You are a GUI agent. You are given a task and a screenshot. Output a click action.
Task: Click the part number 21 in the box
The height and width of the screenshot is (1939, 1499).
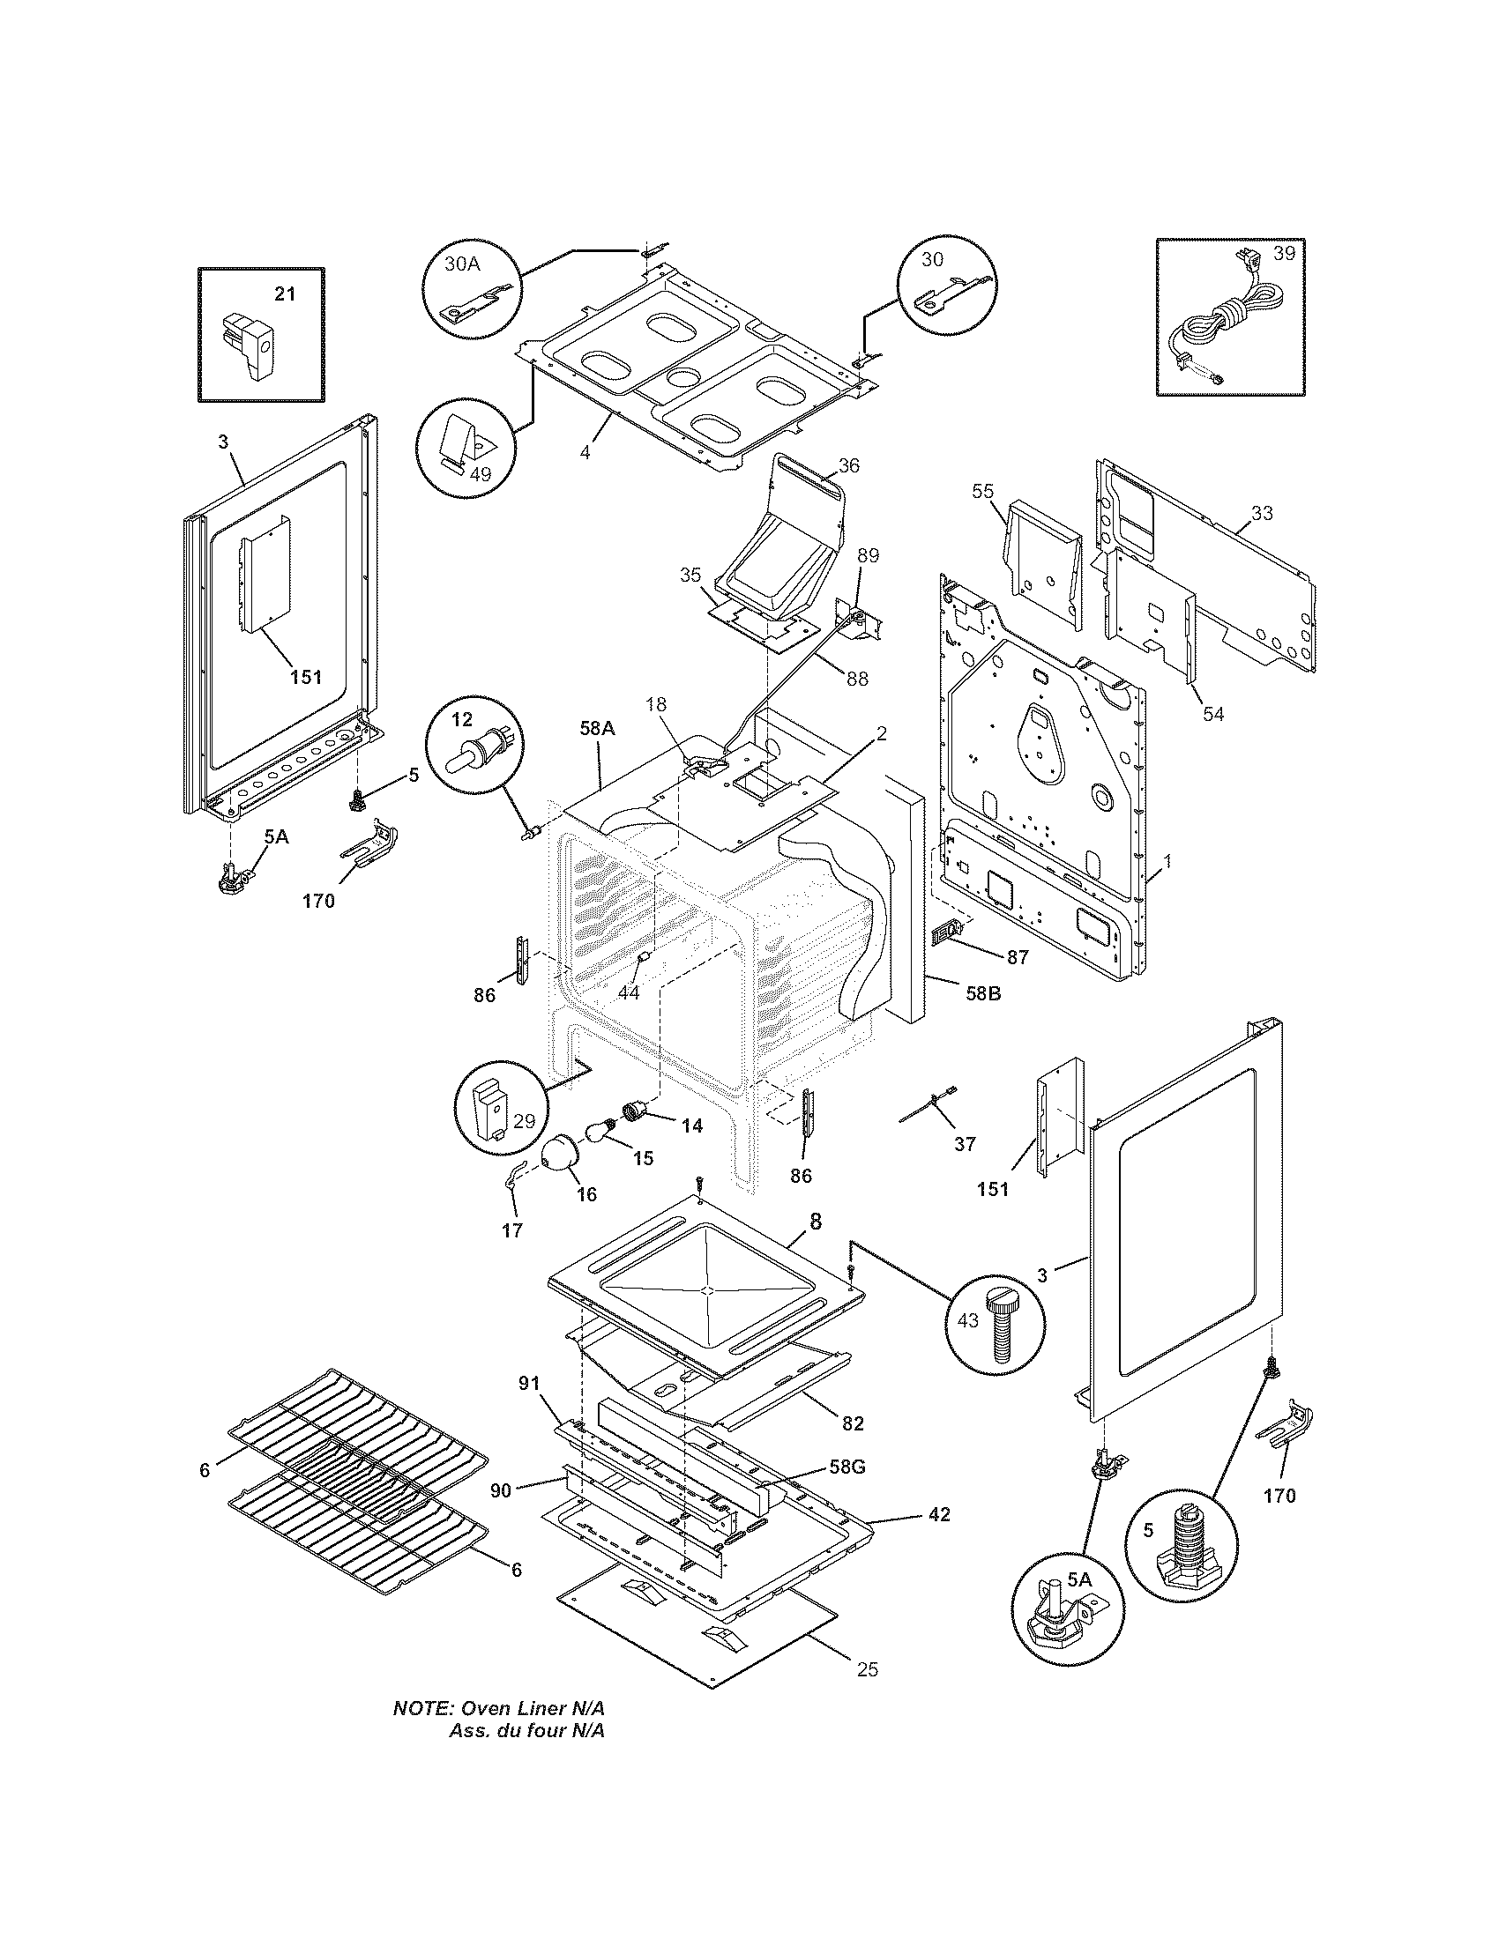[x=284, y=293]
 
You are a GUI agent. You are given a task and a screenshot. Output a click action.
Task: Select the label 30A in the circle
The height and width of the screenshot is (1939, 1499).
[x=461, y=264]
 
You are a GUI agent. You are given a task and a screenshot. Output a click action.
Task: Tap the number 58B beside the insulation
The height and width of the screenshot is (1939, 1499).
[x=982, y=994]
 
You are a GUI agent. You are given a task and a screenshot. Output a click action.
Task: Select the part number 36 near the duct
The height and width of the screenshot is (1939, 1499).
[x=848, y=465]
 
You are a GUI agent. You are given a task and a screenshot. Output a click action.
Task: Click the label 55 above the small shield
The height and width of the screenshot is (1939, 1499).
[x=982, y=491]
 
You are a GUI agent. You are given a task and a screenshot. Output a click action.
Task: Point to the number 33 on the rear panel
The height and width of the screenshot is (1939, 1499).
[x=1261, y=513]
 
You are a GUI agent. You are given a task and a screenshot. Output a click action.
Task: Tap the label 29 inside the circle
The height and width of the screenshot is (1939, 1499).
[x=524, y=1120]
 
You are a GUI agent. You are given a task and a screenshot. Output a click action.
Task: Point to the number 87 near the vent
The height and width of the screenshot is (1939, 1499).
[x=1017, y=957]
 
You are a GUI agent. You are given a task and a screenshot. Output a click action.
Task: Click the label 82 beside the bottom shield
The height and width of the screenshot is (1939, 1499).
[x=852, y=1423]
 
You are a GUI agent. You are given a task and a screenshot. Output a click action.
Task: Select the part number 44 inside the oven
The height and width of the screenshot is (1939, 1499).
[x=628, y=992]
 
